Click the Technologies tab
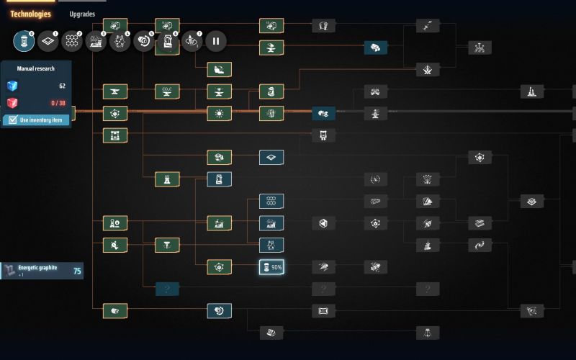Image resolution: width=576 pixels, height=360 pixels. coord(30,14)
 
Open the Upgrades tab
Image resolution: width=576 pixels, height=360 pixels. coord(82,14)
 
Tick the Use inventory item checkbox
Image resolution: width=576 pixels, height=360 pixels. coord(12,120)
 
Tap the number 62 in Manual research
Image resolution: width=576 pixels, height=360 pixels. coord(62,86)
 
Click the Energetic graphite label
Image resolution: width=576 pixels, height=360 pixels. coord(37,267)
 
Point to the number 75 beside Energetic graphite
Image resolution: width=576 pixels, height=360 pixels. coord(76,271)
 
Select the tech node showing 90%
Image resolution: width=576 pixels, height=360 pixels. coord(271,267)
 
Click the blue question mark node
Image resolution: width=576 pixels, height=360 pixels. coord(167,289)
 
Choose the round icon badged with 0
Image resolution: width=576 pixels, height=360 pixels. coord(24,41)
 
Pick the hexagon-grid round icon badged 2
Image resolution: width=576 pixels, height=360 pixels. coord(72,41)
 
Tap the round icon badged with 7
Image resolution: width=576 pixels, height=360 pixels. coord(192,41)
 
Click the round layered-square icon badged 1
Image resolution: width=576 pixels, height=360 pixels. coord(48,41)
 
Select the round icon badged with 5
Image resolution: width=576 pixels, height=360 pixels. coord(143,41)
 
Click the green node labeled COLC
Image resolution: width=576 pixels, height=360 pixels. coord(167,91)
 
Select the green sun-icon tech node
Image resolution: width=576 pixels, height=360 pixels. coord(219,113)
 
